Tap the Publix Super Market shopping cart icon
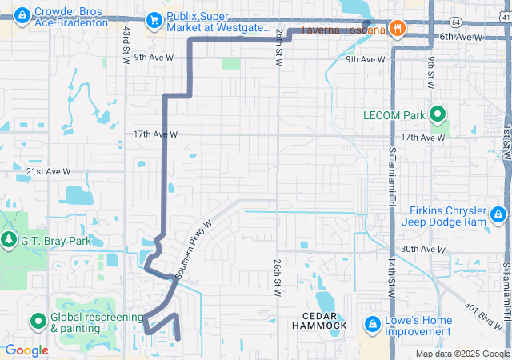[x=153, y=20]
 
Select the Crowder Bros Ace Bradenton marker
[x=21, y=14]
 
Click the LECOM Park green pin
[x=438, y=115]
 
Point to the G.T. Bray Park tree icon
[x=10, y=240]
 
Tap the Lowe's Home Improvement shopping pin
[x=372, y=324]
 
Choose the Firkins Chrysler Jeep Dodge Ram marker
[x=498, y=214]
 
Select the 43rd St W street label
[x=126, y=44]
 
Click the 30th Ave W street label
[x=422, y=250]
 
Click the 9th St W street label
[x=430, y=73]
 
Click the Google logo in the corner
[x=26, y=350]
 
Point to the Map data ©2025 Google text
[x=462, y=354]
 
